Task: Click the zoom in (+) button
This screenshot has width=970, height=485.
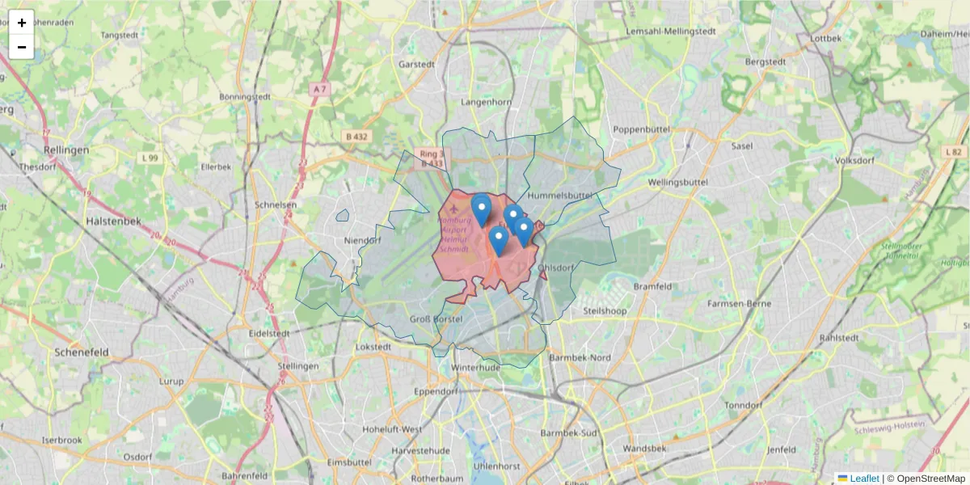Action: (22, 23)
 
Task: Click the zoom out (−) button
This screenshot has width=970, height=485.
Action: (22, 47)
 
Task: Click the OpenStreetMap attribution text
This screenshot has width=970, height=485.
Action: (930, 479)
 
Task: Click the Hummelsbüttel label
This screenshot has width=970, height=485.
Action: (560, 196)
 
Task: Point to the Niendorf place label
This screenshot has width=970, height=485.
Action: (362, 241)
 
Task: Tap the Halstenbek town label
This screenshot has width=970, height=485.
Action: (113, 221)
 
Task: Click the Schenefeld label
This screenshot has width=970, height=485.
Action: (82, 352)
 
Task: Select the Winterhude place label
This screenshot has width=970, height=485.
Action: (471, 367)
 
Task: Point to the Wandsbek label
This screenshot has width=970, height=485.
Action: (644, 448)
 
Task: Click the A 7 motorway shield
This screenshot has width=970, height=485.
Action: (321, 88)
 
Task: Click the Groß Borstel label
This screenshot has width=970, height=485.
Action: (436, 319)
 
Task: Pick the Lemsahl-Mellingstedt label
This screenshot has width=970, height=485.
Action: (672, 32)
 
